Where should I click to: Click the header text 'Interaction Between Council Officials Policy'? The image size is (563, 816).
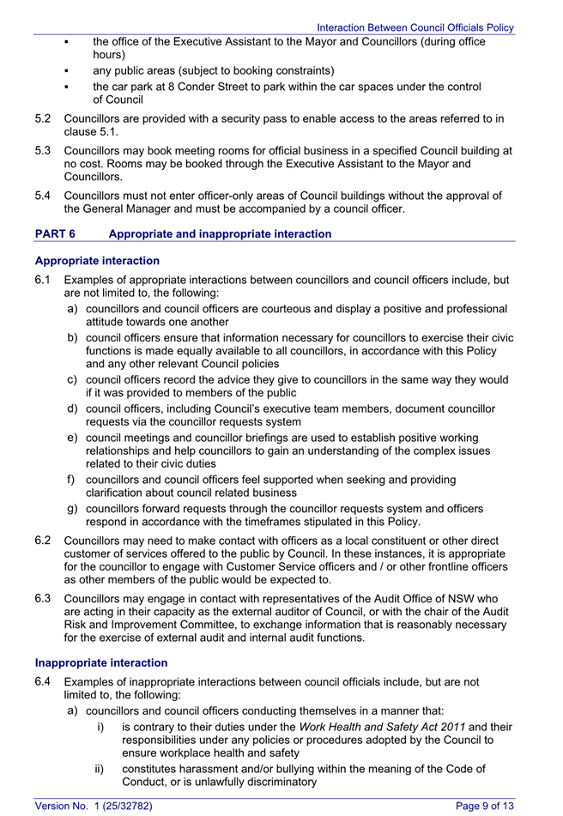click(415, 27)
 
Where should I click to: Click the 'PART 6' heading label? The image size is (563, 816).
click(56, 233)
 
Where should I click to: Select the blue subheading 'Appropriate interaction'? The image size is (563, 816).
click(97, 261)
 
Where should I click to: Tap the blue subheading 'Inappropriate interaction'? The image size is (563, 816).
click(101, 662)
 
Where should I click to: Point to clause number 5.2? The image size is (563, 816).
click(44, 119)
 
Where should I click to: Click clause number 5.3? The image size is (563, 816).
click(44, 150)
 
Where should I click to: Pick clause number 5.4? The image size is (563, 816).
click(44, 196)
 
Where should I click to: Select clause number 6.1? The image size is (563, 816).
click(44, 280)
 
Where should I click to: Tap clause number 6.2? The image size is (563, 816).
click(44, 540)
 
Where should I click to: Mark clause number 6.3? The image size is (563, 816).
click(44, 597)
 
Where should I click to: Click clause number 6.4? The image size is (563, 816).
click(44, 681)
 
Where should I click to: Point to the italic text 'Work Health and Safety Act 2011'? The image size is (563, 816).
click(382, 726)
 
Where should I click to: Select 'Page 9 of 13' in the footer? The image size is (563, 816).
click(484, 805)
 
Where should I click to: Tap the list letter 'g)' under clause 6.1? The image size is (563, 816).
click(74, 509)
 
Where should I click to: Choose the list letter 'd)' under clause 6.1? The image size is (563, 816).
click(74, 408)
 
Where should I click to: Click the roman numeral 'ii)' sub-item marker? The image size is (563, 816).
click(101, 769)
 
